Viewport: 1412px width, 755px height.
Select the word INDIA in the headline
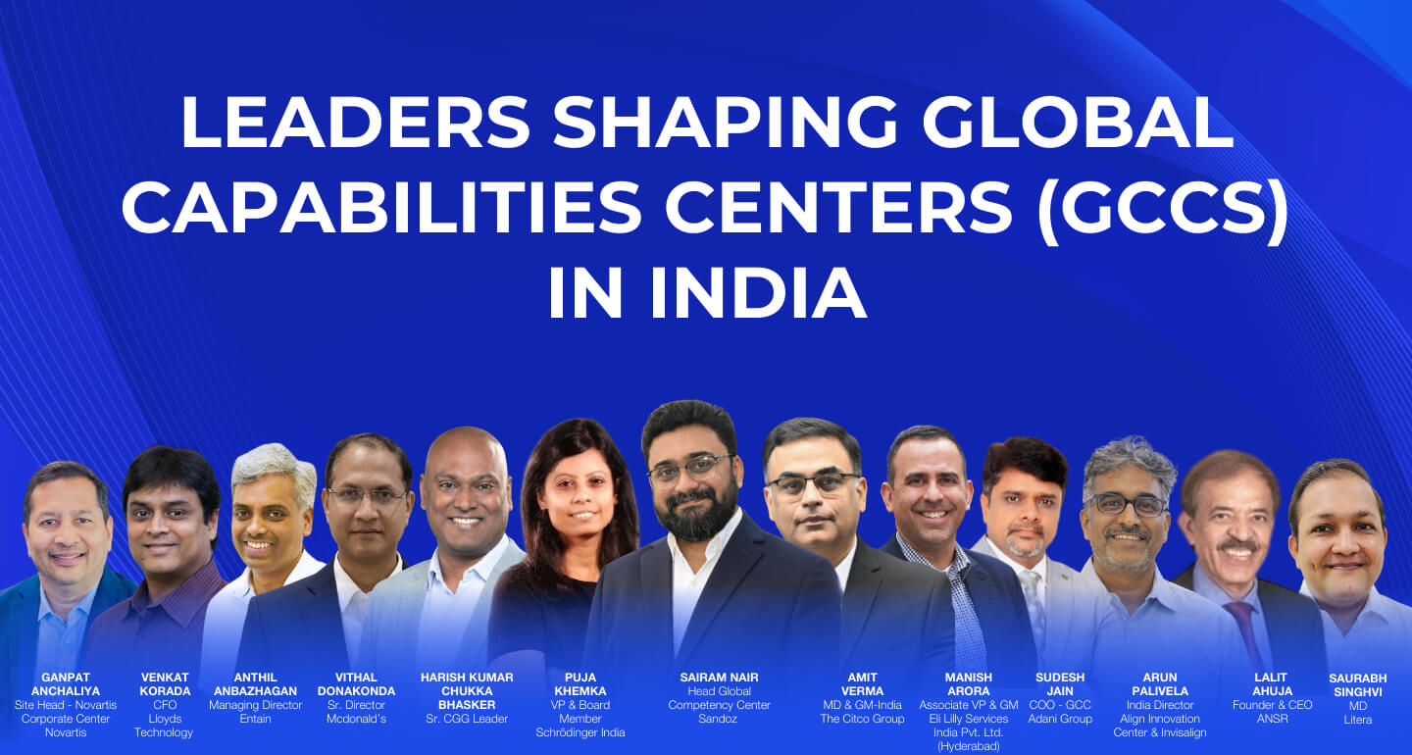[x=756, y=292]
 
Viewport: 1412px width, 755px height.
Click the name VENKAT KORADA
[x=165, y=684]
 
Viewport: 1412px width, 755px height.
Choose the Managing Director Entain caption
[x=255, y=712]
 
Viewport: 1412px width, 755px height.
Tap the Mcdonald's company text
[x=357, y=719]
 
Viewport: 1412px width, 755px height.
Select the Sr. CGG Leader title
[x=466, y=719]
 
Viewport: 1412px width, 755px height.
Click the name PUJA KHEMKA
[x=580, y=684]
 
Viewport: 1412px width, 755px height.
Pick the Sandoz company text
[x=719, y=719]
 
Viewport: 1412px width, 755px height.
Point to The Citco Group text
[x=862, y=719]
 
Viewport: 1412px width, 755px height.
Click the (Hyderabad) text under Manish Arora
[x=969, y=746]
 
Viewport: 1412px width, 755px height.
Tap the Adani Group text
[x=1060, y=719]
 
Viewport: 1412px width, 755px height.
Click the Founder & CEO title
[x=1272, y=705]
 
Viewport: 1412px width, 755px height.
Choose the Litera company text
[x=1358, y=720]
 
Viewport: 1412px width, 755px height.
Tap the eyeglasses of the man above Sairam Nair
[x=690, y=469]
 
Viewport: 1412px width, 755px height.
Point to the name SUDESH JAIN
[x=1060, y=684]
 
